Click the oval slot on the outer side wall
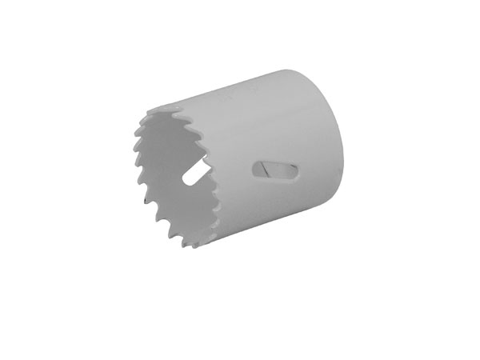tap(275, 170)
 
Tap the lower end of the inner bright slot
tap(186, 183)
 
